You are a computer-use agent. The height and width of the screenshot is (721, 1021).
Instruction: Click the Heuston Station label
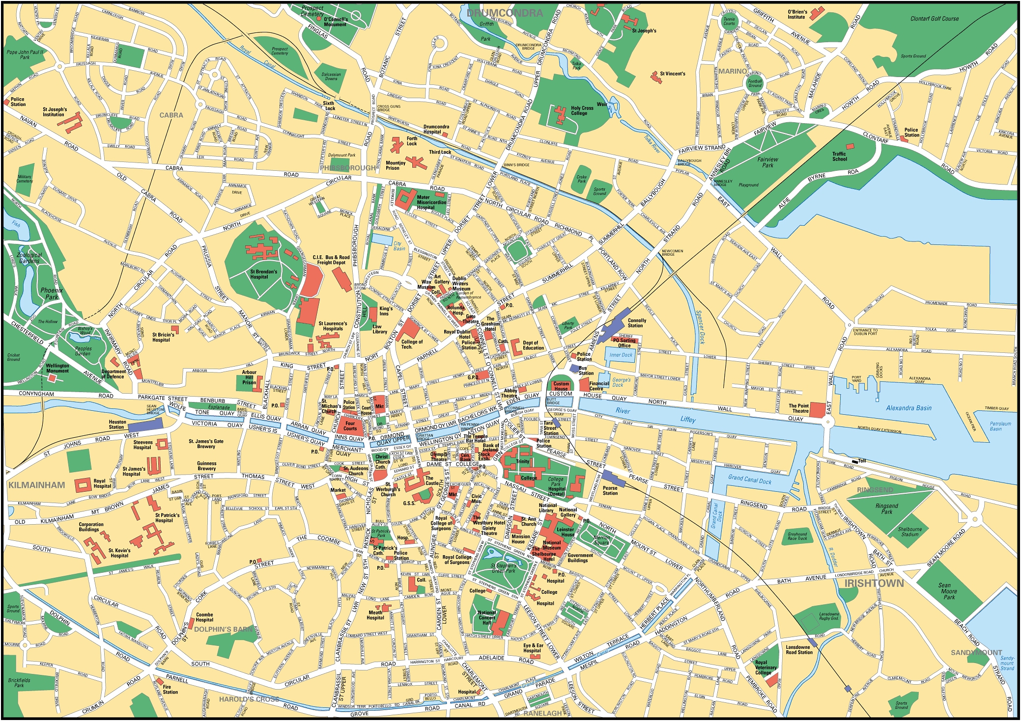point(117,425)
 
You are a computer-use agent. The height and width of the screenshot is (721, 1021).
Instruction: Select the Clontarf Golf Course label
point(934,19)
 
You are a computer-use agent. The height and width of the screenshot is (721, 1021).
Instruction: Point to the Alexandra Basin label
point(908,408)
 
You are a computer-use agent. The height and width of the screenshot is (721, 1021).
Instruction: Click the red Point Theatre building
point(818,410)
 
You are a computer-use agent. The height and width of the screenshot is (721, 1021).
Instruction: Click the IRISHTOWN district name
point(874,584)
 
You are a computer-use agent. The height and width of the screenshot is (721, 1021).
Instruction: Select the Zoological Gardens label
point(29,258)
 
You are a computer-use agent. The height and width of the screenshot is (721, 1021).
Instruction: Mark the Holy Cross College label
point(582,110)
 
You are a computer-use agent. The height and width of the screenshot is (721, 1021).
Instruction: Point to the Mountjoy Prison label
point(396,165)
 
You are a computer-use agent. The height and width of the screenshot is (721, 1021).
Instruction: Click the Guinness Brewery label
point(206,466)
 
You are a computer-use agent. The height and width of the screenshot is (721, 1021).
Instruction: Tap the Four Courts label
point(350,426)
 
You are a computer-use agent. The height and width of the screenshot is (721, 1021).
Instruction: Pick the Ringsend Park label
point(886,508)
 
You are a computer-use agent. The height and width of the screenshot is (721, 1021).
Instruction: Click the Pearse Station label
point(610,490)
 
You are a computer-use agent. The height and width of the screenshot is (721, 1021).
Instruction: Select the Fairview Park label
point(767,162)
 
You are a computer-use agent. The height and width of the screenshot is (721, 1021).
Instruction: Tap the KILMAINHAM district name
point(37,485)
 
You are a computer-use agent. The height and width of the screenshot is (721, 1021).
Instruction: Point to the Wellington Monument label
point(57,368)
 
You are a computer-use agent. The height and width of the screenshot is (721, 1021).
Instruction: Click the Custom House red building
point(561,386)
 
